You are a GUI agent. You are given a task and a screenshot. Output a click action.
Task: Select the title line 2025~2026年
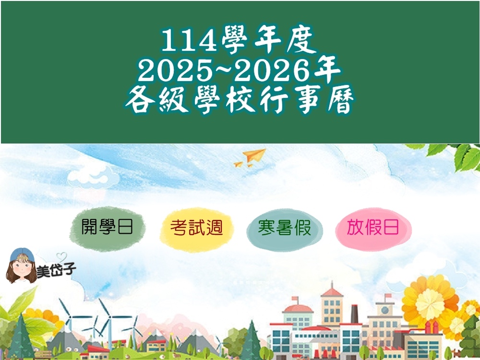point(239,70)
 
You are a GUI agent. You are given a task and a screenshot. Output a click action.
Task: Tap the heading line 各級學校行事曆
point(239,99)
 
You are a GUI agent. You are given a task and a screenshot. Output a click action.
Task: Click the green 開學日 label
point(107,227)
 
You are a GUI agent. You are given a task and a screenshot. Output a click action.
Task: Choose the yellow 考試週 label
point(196,228)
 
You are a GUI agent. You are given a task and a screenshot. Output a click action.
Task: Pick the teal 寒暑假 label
point(284,228)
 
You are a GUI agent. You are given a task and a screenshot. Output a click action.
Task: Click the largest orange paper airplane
point(255,155)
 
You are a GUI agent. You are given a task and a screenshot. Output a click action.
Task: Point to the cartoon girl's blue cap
point(22,255)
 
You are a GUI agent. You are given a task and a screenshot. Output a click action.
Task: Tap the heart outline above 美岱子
point(61,256)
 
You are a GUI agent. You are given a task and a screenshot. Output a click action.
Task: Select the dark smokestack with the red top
point(354,314)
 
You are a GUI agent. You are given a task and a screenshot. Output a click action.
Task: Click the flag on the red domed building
point(295,299)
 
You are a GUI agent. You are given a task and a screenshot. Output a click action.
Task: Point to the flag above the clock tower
point(388,296)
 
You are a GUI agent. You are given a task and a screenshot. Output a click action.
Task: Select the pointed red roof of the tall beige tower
point(332,289)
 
